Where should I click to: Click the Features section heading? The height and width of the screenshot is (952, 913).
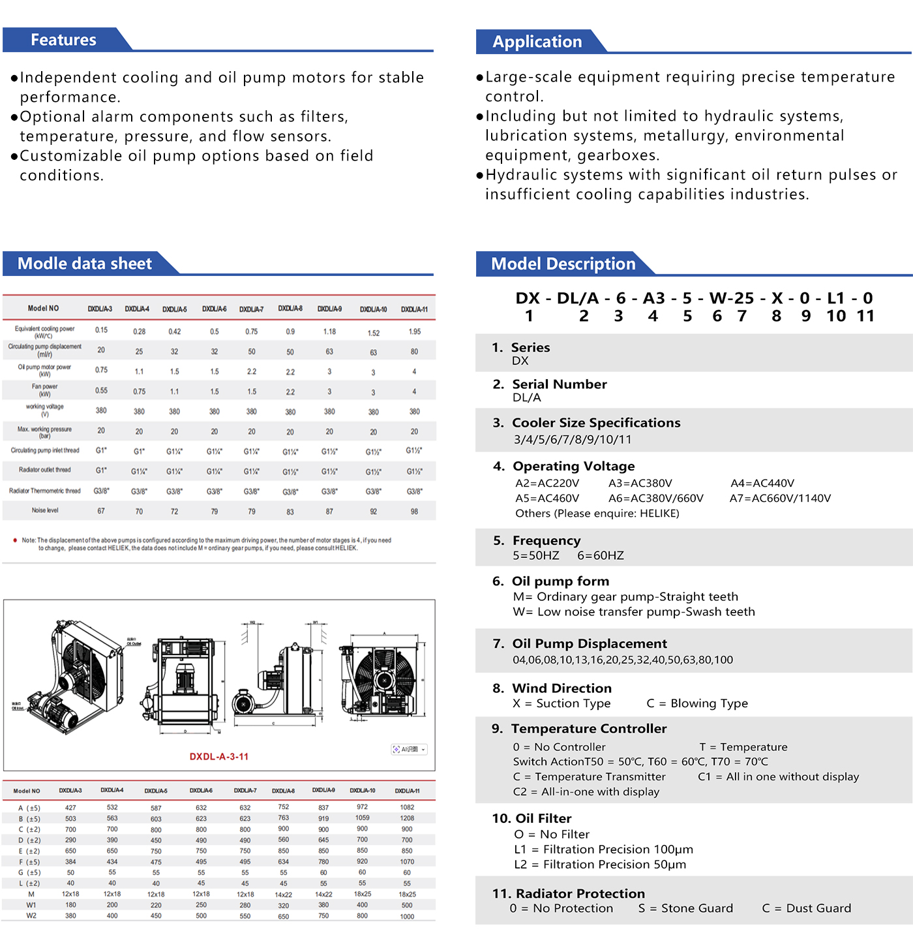(x=63, y=40)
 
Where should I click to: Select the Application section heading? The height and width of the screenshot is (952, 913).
(x=537, y=42)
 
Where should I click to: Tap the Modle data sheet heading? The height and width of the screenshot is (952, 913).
(x=85, y=264)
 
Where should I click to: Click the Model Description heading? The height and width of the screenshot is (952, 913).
(x=563, y=264)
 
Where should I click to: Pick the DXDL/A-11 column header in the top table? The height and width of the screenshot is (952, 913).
(x=414, y=309)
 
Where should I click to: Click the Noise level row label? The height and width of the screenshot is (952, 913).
(x=45, y=510)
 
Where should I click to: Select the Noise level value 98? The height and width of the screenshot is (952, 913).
(x=414, y=512)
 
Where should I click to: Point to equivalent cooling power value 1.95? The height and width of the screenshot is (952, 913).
(x=414, y=331)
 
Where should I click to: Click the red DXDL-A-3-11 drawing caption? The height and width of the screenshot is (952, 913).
(x=219, y=757)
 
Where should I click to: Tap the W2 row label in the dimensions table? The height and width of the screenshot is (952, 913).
(x=31, y=915)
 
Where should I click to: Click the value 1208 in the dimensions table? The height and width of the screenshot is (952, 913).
(x=407, y=818)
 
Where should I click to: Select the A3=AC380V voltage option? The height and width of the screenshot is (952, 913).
(x=640, y=484)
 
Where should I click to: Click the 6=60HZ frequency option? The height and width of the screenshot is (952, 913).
(x=601, y=556)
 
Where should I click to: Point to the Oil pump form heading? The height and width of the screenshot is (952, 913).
(x=560, y=581)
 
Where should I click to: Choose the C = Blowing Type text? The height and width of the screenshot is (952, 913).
(x=697, y=703)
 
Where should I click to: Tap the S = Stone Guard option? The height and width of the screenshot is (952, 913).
(x=685, y=908)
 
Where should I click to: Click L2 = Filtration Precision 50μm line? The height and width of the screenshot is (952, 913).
(x=600, y=865)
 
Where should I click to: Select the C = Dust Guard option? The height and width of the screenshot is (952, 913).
(x=807, y=908)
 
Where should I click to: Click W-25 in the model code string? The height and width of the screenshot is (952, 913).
(x=732, y=298)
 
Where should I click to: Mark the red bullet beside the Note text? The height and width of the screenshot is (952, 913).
(x=15, y=540)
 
